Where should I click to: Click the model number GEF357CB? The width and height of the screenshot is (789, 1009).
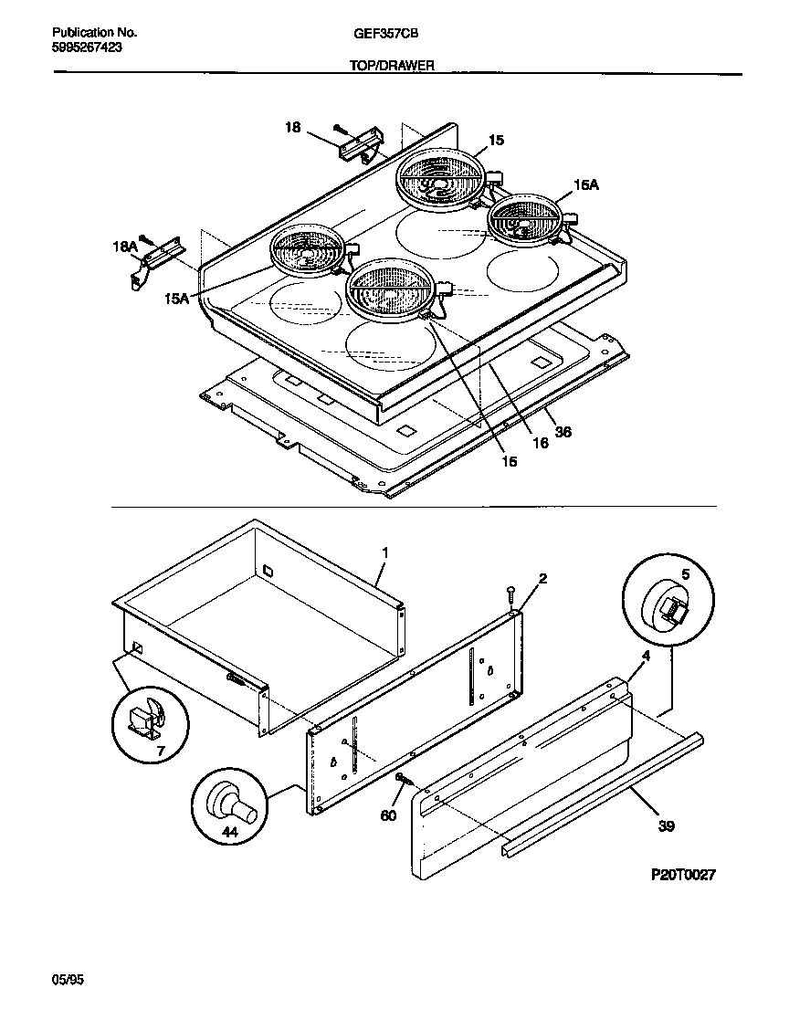coord(379,33)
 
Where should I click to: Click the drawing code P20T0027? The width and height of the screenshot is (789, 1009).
coord(683,874)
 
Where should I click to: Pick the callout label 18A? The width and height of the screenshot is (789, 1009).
coord(124,247)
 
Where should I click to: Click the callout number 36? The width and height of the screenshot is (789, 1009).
coord(563,432)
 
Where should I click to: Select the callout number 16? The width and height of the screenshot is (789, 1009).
coord(540,443)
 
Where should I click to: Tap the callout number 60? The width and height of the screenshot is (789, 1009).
coord(388,815)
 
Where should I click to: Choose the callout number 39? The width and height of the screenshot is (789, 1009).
coord(667,826)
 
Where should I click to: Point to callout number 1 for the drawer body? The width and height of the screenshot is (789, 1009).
coord(384,552)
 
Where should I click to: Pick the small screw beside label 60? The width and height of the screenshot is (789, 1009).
coord(403,779)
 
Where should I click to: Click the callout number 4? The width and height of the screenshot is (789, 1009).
coord(646,655)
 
